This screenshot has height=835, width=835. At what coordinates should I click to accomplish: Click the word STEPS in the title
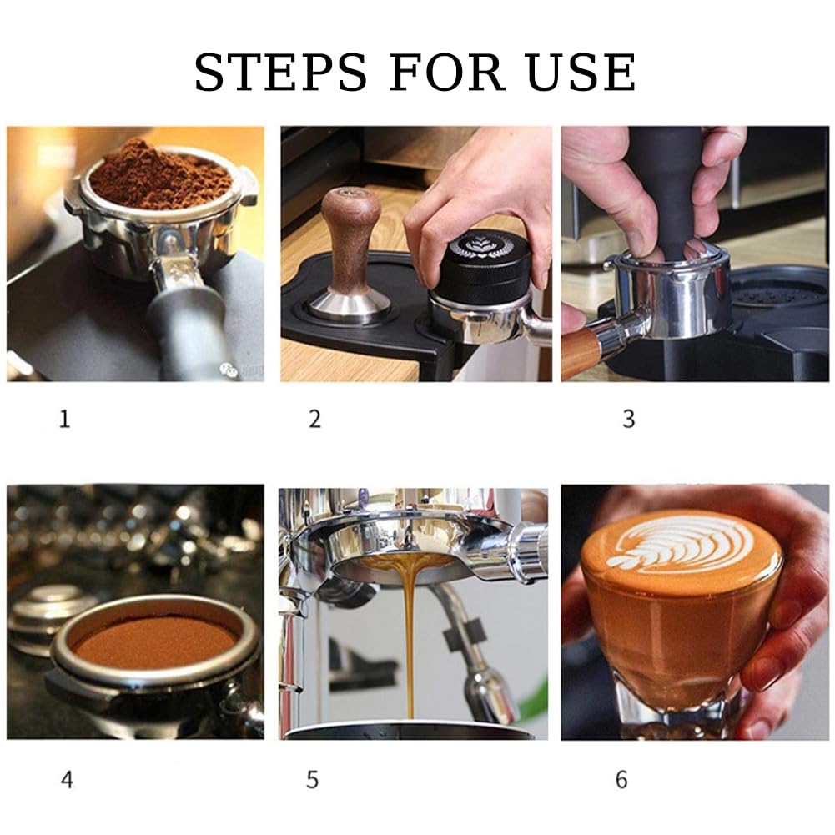280,72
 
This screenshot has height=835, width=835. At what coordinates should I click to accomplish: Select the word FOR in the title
447,72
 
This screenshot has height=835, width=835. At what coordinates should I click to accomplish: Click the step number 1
65,419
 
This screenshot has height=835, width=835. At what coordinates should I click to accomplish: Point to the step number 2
314,419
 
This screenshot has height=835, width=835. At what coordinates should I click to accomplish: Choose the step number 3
629,419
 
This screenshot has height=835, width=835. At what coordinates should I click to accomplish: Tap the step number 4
67,780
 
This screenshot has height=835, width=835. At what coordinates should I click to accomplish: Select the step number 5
313,780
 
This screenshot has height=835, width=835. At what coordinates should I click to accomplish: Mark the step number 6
621,780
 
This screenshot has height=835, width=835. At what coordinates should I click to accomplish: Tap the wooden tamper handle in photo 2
351,239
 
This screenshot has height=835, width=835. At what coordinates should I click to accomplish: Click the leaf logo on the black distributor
480,246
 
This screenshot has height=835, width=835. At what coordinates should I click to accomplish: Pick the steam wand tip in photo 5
489,695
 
